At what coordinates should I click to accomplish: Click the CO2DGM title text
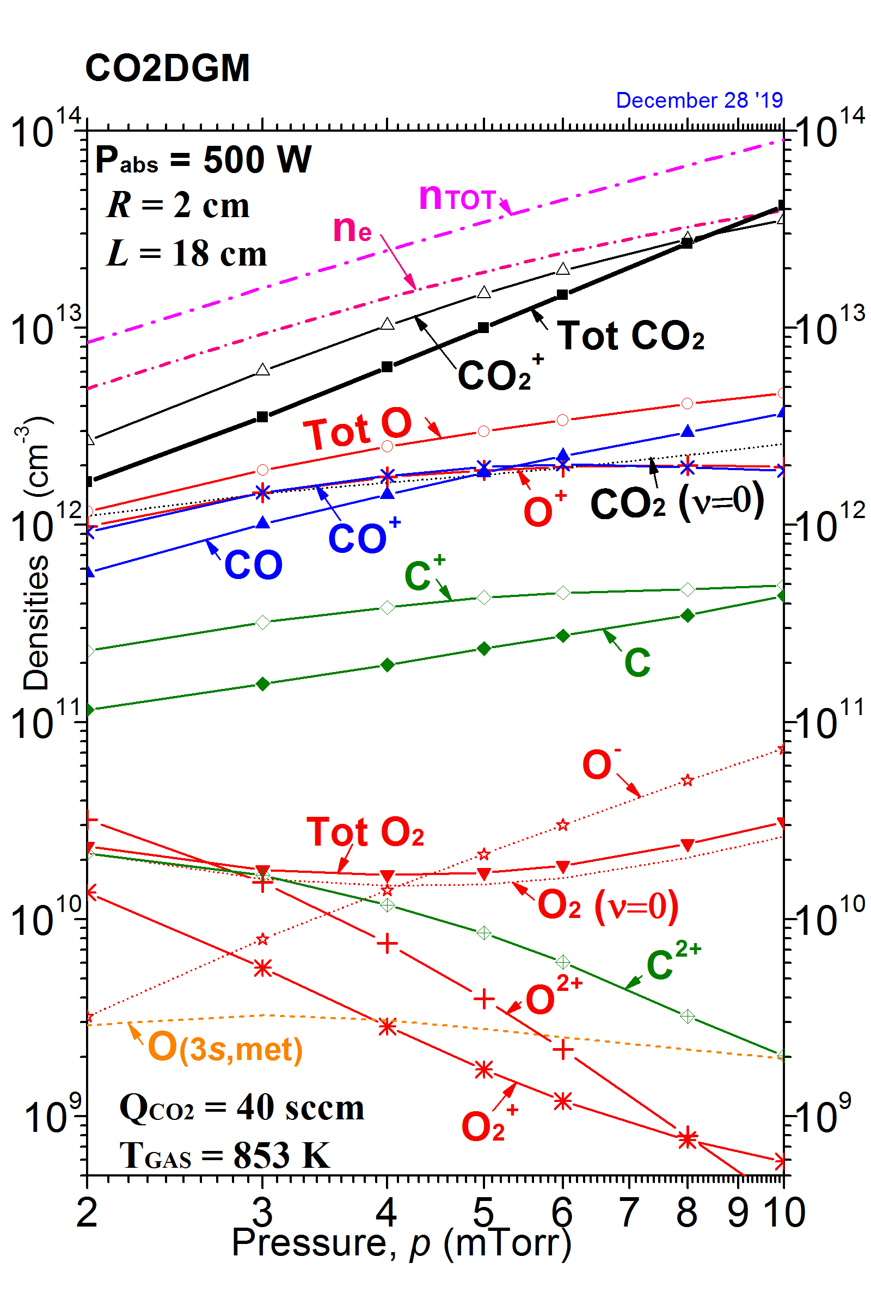(x=167, y=69)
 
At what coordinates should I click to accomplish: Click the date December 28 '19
(x=699, y=101)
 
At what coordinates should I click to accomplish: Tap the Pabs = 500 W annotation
(x=203, y=160)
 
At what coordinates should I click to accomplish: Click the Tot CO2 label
(x=630, y=336)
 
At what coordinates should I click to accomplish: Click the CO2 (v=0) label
(x=677, y=502)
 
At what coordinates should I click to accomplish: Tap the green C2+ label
(x=673, y=961)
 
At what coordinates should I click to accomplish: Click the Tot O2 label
(x=365, y=833)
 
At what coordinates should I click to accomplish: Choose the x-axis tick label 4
(x=387, y=1213)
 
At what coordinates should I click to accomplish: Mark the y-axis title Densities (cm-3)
(x=36, y=552)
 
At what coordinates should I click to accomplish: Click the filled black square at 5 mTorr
(x=484, y=328)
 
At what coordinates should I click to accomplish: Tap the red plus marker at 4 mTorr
(x=387, y=944)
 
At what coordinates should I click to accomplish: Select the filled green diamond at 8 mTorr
(x=688, y=615)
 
